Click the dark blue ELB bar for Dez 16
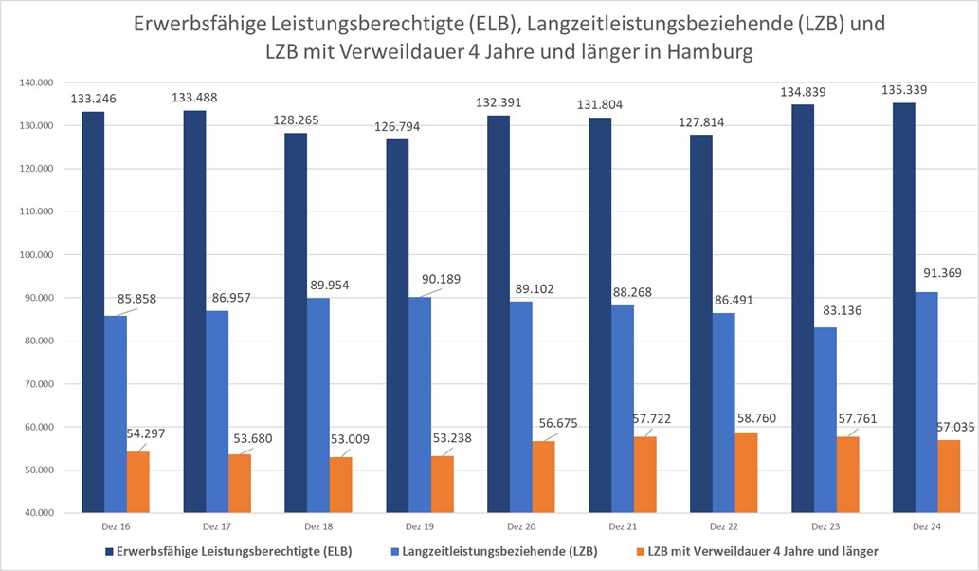(x=93, y=313)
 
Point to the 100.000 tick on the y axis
(x=37, y=255)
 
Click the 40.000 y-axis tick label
(x=37, y=513)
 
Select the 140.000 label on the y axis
(x=37, y=83)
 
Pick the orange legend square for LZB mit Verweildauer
(x=639, y=550)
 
